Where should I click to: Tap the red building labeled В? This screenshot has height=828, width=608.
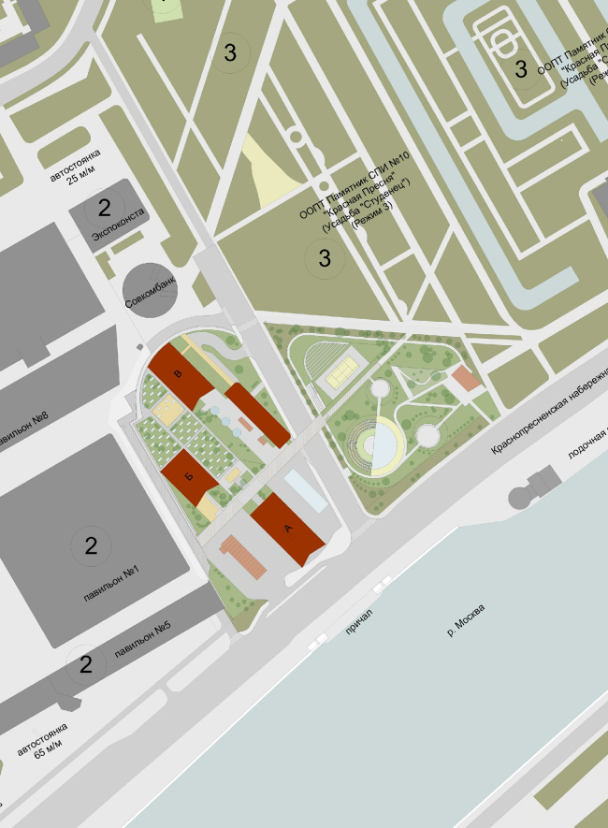181,375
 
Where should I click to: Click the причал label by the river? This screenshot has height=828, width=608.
360,623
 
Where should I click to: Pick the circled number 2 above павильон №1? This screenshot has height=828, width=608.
91,546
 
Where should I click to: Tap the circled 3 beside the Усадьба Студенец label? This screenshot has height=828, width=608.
325,257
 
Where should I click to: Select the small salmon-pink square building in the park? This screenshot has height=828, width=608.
464,380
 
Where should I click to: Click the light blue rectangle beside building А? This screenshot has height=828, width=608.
306,490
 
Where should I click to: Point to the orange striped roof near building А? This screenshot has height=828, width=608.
246,557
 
